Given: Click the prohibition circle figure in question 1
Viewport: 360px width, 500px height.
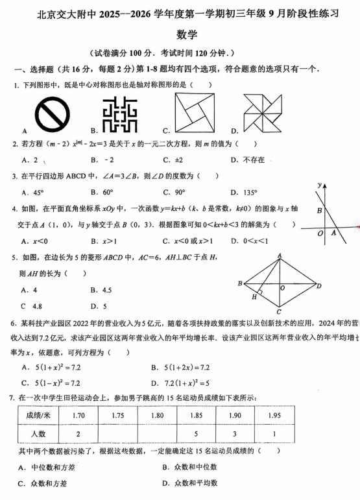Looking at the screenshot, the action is click(x=52, y=114).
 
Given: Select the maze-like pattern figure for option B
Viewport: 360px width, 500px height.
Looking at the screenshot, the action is click(x=120, y=114).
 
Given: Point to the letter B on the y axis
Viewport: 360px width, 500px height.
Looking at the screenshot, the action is click(x=319, y=210).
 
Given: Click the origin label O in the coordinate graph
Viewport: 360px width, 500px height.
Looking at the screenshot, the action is click(x=320, y=233).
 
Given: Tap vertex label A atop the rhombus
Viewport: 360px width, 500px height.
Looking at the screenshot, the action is click(x=280, y=256).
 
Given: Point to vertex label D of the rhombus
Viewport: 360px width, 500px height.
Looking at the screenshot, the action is click(x=318, y=285).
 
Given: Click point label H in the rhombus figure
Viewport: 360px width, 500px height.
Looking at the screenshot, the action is click(x=255, y=297).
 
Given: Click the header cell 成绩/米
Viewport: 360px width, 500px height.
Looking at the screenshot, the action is click(x=38, y=415).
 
